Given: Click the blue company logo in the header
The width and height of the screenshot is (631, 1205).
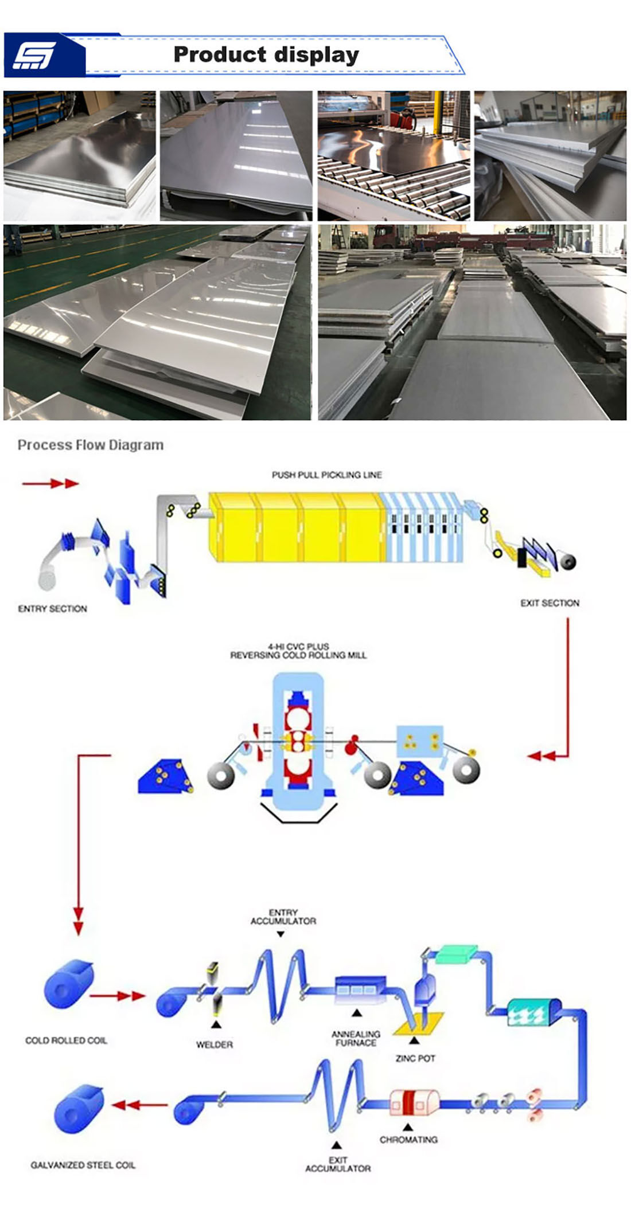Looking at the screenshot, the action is point(45,56).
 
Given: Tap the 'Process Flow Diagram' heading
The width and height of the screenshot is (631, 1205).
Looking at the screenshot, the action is point(91,445).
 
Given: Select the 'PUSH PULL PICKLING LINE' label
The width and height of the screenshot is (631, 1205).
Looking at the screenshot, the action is point(326,475).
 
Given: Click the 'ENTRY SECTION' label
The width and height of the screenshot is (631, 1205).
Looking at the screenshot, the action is point(53,609).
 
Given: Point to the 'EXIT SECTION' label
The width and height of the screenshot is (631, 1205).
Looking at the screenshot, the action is point(550,603).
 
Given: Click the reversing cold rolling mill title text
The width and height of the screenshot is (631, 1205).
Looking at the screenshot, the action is point(298,651).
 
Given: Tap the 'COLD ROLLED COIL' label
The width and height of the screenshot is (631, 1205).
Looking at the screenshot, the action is point(66,1040).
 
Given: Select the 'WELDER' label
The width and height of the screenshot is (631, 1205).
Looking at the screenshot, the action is point(215,1044).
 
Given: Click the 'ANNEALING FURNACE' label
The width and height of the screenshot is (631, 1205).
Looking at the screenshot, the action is point(356,1038).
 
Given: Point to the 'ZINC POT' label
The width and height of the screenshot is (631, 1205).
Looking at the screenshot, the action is point(415,1058).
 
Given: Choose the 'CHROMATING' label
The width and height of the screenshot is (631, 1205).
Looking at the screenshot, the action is point(408,1140).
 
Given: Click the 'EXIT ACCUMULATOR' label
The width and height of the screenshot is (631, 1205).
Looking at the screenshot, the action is point(338,1164).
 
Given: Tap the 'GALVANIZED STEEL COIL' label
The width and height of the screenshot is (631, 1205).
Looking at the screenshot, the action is point(83,1165).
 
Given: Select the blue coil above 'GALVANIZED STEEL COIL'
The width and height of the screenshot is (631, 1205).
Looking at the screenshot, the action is point(79,1108).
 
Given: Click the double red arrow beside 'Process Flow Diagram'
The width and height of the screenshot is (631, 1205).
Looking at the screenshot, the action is point(50,484).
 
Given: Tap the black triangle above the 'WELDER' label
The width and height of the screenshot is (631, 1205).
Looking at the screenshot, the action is point(216,1024).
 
